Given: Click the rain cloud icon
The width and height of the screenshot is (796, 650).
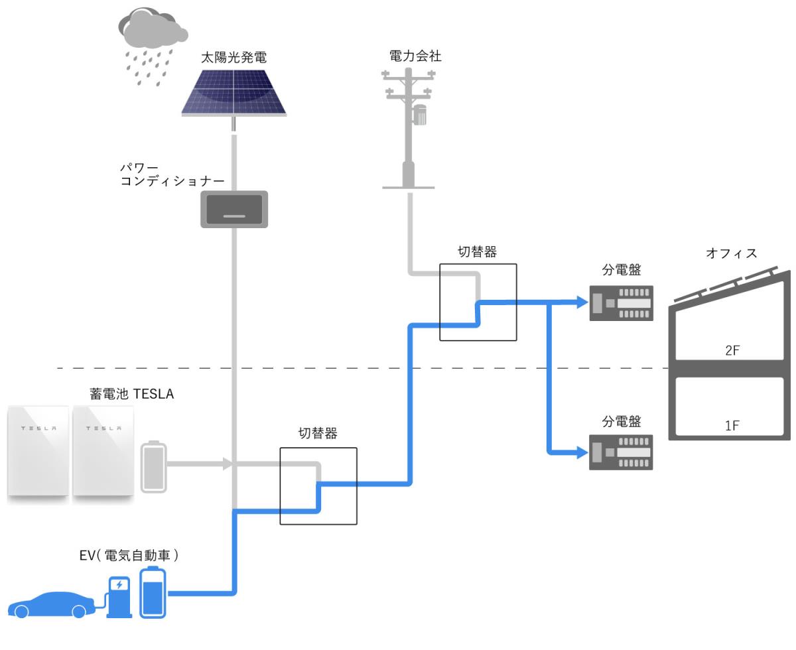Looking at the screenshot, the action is (x=153, y=46).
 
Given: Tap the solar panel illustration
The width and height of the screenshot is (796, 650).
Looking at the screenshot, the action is (x=233, y=94).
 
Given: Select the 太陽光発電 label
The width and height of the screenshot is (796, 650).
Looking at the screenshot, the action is (x=233, y=58).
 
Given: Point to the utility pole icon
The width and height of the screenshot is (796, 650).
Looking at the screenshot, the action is (x=409, y=128).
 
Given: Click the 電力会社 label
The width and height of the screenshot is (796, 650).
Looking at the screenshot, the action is (x=415, y=56).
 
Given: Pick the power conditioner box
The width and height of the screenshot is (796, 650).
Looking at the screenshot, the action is (x=234, y=209).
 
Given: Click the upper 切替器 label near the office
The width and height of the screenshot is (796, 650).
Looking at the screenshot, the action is (x=478, y=252).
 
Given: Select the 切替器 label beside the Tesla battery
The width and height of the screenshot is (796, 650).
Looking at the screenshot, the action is (x=318, y=433).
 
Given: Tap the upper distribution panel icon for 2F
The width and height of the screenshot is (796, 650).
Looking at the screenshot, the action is (x=622, y=303).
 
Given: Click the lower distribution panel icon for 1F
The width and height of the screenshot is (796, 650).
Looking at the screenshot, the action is (x=621, y=452).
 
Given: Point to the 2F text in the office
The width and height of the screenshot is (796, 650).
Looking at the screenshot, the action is (x=732, y=350).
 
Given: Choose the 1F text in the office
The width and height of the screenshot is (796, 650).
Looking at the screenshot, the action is (x=732, y=425).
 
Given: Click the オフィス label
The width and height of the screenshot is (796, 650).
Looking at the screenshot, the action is (x=732, y=253).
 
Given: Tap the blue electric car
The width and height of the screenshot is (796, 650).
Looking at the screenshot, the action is (x=51, y=605).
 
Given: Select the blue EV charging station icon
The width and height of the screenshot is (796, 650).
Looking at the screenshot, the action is (x=119, y=597).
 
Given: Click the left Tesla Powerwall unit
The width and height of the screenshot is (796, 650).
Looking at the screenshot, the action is (x=38, y=451).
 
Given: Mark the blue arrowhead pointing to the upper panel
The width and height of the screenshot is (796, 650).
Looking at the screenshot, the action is (x=582, y=302).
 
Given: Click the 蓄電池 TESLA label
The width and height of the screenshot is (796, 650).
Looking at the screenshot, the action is (x=132, y=394).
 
